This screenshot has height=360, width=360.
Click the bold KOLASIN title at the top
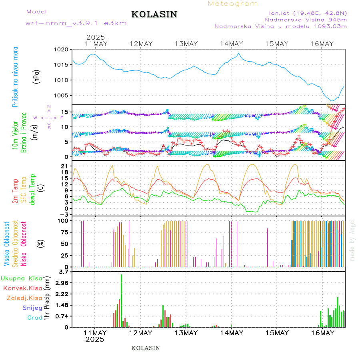pyautogui.click(x=154, y=14)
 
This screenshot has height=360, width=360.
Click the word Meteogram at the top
pyautogui.click(x=233, y=4)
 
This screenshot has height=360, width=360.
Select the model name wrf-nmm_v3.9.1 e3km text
pyautogui.click(x=76, y=23)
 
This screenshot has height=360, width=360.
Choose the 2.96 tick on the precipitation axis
pyautogui.click(x=62, y=283)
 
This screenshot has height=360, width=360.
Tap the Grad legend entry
pyautogui.click(x=35, y=318)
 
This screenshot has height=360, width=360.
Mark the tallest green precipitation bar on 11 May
pyautogui.click(x=121, y=300)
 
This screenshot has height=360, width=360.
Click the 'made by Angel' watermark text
pyautogui.click(x=352, y=240)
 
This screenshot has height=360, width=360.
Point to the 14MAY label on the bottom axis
pyautogui.click(x=231, y=333)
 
